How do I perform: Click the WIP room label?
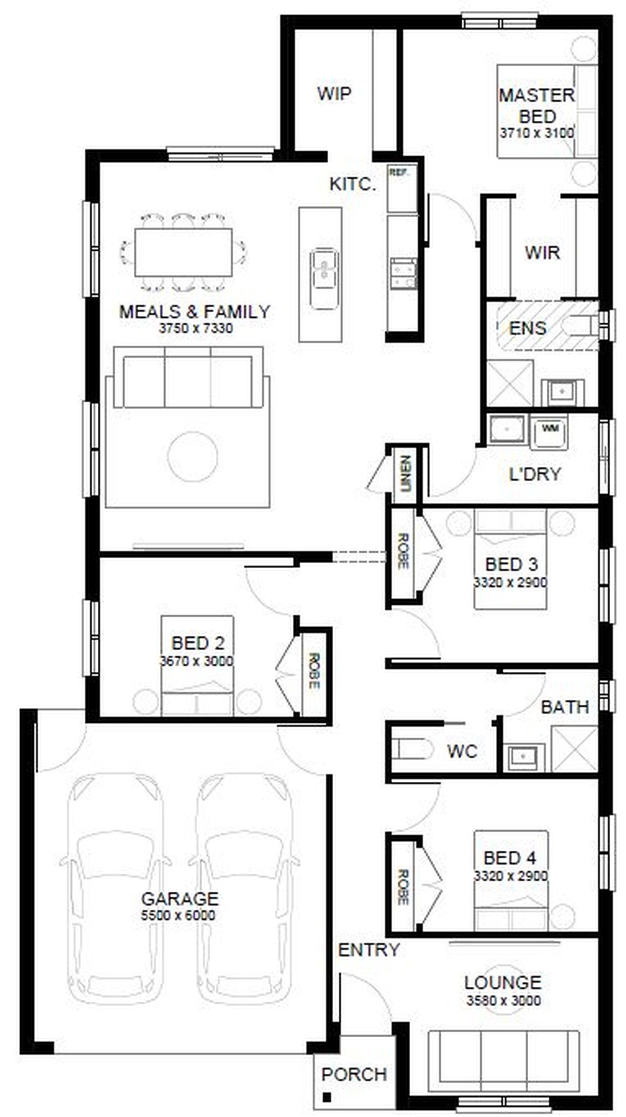pyautogui.click(x=334, y=93)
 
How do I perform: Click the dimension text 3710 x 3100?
pyautogui.click(x=537, y=133)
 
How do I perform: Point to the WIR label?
pyautogui.click(x=542, y=252)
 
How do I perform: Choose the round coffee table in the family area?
pyautogui.click(x=192, y=456)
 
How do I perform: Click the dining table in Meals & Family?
pyautogui.click(x=183, y=252)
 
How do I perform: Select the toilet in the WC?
pyautogui.click(x=412, y=749)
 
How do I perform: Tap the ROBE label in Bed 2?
pyautogui.click(x=314, y=671)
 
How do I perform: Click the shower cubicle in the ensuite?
pyautogui.click(x=510, y=383)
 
